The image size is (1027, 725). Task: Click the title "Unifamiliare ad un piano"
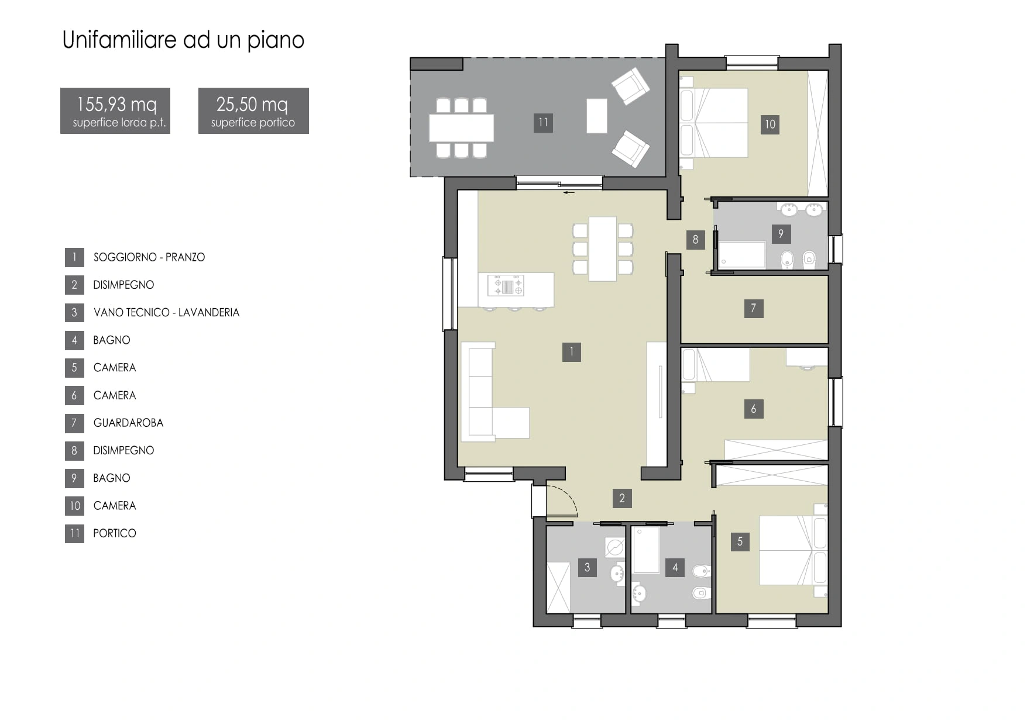[183, 40]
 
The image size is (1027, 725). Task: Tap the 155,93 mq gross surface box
[115, 111]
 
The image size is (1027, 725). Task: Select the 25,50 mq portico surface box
[253, 111]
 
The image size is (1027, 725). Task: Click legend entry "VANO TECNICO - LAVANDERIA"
[166, 312]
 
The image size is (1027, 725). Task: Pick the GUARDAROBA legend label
[128, 423]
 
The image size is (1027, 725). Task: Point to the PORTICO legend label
[115, 533]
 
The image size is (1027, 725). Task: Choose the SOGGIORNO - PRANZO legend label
[149, 257]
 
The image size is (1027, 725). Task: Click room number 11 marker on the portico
[543, 123]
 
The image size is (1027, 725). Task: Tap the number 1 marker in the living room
[572, 352]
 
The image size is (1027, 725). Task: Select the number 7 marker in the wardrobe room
[754, 308]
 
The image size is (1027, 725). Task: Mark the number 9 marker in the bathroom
[781, 234]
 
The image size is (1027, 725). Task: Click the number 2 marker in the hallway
[622, 498]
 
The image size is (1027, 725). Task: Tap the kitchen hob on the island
[506, 286]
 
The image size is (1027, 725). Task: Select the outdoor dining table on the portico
[461, 128]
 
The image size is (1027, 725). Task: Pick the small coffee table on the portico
[597, 116]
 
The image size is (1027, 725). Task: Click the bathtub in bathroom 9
[742, 255]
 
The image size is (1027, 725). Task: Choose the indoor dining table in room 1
[603, 249]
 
